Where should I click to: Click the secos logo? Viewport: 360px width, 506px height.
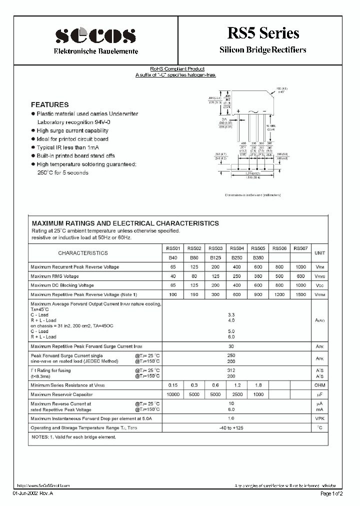click(95, 36)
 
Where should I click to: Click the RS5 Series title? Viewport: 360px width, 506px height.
click(263, 33)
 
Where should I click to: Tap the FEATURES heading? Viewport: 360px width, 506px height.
click(49, 105)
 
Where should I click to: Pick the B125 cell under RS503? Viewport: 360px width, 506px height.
click(215, 257)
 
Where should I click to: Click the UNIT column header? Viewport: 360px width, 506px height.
click(319, 253)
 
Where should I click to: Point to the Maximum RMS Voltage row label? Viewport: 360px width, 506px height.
click(54, 276)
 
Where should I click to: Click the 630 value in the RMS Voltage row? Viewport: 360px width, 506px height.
click(300, 276)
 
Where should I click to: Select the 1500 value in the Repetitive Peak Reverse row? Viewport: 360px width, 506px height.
click(300, 294)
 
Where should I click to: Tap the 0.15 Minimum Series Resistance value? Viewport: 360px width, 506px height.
click(173, 385)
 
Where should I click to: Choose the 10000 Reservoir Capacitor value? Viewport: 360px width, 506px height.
click(173, 394)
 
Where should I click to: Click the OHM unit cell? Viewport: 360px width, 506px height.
click(319, 385)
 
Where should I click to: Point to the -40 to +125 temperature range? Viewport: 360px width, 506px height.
click(231, 427)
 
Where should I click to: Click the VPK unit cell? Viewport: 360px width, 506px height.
click(319, 418)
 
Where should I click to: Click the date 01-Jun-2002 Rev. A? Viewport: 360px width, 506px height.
click(32, 493)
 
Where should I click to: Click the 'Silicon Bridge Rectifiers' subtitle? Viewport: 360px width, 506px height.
click(263, 50)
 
